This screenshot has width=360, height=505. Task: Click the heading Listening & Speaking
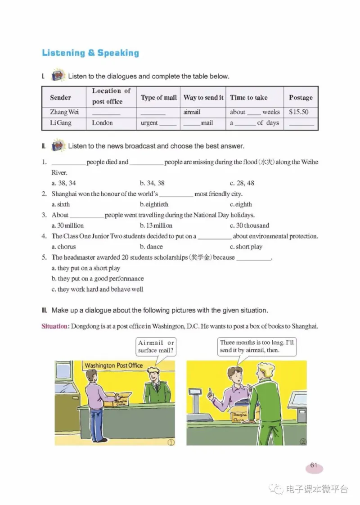[90, 53]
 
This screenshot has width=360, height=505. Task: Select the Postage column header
[301, 97]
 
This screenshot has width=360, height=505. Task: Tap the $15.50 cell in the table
[298, 112]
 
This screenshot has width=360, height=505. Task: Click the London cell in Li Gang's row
[102, 123]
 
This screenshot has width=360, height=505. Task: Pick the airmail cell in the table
[192, 112]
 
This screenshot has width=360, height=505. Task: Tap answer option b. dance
[151, 247]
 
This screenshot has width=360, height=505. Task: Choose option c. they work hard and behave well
[97, 289]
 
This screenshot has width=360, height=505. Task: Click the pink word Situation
[54, 326]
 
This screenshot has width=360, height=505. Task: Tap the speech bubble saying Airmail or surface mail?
[156, 346]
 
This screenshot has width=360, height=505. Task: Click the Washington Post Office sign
[113, 365]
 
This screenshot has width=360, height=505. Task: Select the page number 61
[314, 466]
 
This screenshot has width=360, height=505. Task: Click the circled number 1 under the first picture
[171, 442]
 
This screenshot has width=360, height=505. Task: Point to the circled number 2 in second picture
[302, 442]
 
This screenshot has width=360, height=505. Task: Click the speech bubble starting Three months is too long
[257, 346]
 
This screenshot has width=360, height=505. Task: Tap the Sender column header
[61, 97]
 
